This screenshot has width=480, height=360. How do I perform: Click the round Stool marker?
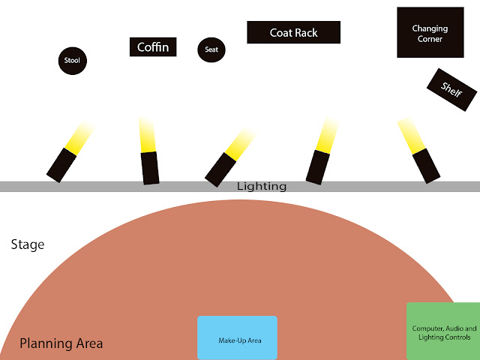(72, 60)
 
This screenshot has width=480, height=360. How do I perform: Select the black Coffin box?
(154, 47)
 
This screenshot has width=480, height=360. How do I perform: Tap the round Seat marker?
(211, 50)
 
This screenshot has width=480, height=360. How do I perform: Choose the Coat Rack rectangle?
(294, 32)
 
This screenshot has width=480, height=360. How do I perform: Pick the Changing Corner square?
(430, 33)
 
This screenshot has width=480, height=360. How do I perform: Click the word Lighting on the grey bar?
(262, 186)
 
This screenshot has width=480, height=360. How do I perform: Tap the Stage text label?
(28, 244)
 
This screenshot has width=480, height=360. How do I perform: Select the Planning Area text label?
(61, 344)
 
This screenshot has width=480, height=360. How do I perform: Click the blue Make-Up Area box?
(237, 339)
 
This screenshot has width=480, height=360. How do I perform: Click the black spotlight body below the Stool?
(61, 164)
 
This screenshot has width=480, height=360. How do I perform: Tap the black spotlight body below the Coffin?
(150, 167)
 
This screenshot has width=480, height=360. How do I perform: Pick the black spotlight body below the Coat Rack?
(318, 166)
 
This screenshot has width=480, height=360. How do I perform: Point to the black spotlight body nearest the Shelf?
(425, 165)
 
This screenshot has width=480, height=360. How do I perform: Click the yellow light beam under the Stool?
(78, 136)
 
